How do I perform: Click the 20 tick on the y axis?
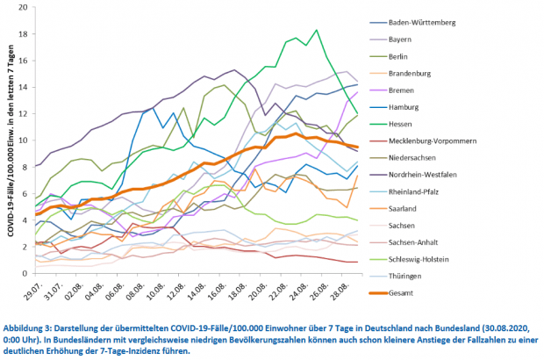[23, 7]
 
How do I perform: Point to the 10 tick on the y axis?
[23, 140]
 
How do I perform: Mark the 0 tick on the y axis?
[25, 274]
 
